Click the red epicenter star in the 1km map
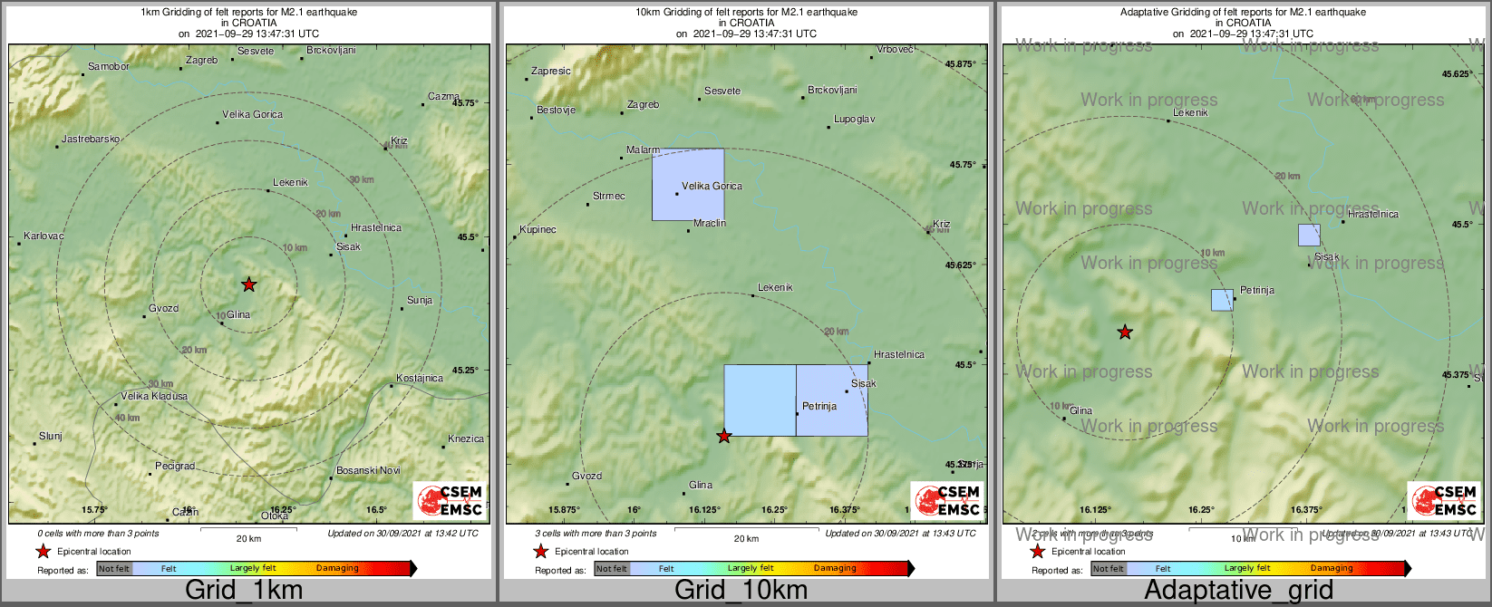tap(249, 284)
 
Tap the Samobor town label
tap(109, 66)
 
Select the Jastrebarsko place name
tap(91, 139)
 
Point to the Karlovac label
tap(44, 236)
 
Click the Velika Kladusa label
tap(154, 396)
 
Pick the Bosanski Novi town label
tap(368, 470)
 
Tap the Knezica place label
tap(466, 438)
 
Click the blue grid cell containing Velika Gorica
tap(688, 184)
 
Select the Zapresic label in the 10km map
tap(551, 71)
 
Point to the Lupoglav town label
tap(855, 119)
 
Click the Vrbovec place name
tap(896, 49)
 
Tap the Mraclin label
tap(710, 223)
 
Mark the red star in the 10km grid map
tap(723, 437)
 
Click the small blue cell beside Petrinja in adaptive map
tap(1222, 300)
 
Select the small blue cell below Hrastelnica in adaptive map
tap(1309, 235)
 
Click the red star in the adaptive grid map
tap(1125, 332)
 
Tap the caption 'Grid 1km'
tap(244, 590)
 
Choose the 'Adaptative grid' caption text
tap(1238, 590)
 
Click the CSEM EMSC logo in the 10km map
tap(946, 501)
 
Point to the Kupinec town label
tap(538, 229)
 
